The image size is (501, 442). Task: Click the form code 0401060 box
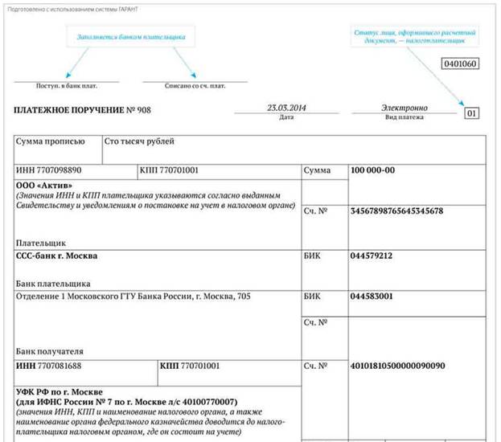pos(459,63)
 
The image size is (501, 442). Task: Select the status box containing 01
pos(471,113)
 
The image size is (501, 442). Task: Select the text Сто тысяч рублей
pos(139,142)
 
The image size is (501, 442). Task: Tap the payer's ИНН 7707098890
pos(49,171)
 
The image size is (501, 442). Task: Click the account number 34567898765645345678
pos(397,211)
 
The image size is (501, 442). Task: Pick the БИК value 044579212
pos(372,256)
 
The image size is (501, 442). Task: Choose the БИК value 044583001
pos(372,296)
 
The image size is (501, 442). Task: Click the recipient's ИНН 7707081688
pos(49,366)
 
